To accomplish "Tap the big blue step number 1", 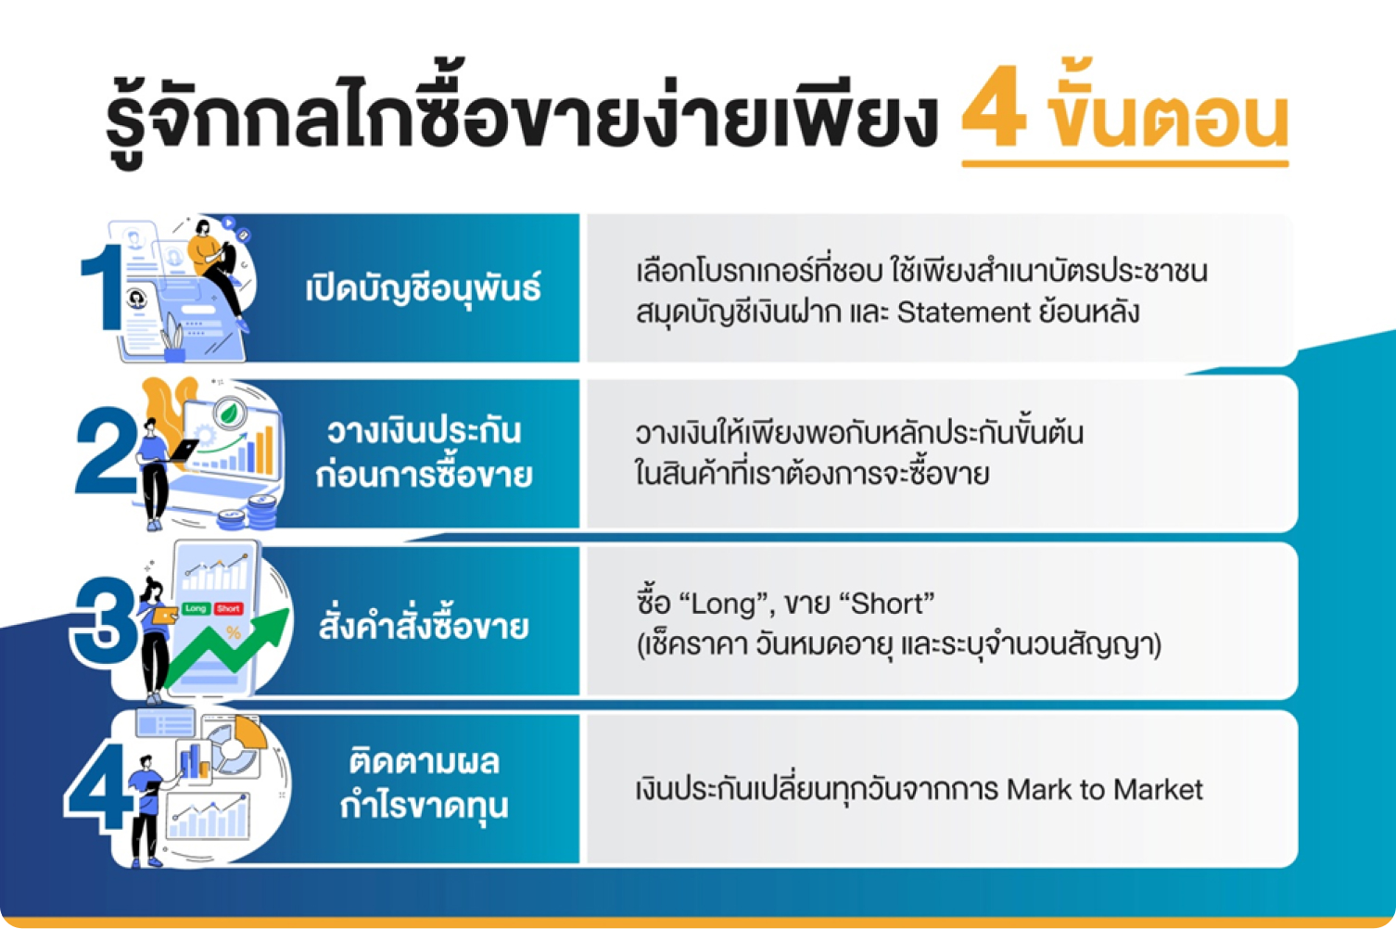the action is tap(103, 287).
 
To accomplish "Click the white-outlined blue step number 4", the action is tap(100, 787).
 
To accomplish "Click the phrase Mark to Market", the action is tap(1104, 789).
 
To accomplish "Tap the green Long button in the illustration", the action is tap(195, 608).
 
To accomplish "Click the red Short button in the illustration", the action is tap(229, 608).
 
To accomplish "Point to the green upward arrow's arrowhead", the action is tap(271, 626).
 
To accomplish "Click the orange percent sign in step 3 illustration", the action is tap(234, 633).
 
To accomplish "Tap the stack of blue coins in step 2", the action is tap(249, 514).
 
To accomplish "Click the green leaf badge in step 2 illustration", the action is tap(229, 413).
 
